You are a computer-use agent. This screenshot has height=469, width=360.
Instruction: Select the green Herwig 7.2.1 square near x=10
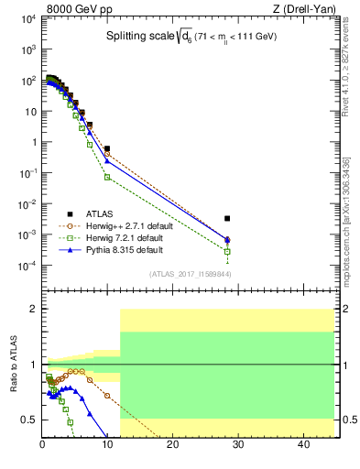point(107,176)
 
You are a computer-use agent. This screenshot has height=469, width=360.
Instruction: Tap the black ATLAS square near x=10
point(107,148)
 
